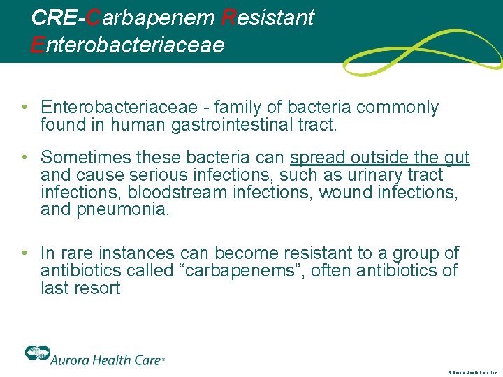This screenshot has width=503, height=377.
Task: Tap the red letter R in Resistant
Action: click(x=227, y=17)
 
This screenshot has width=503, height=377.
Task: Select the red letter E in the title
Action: click(x=38, y=45)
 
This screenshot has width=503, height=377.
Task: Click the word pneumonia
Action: click(x=124, y=210)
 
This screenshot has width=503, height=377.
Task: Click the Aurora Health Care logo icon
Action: click(x=36, y=354)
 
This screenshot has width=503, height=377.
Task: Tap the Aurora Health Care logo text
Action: click(x=106, y=359)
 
